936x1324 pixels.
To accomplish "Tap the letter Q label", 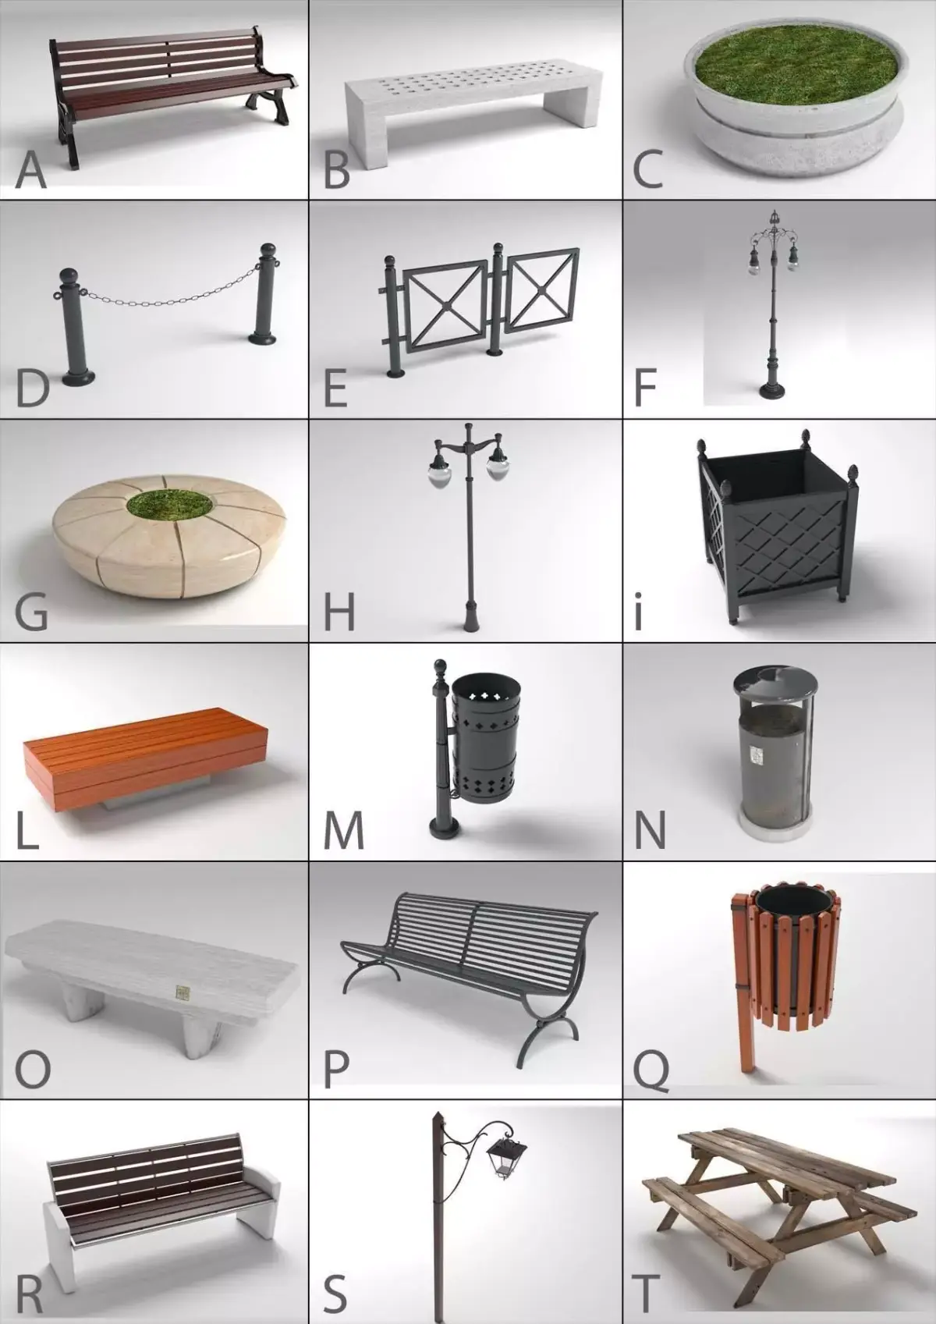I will (x=651, y=1067).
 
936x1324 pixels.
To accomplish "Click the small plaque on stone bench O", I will (x=183, y=993).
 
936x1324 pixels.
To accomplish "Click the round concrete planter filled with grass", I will (x=796, y=101).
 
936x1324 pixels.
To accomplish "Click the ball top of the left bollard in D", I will (x=69, y=276).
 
